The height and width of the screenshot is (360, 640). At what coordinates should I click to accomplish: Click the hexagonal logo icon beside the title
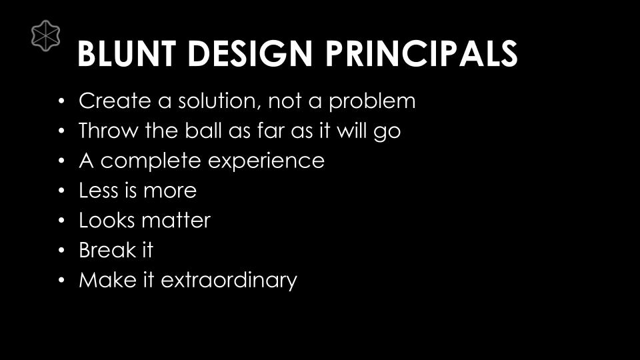coord(46,36)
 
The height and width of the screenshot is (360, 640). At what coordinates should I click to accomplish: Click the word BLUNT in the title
coord(127,53)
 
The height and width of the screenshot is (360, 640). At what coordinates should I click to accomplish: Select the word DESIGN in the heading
coord(250,53)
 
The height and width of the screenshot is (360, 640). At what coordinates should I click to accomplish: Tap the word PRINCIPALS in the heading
coord(421,53)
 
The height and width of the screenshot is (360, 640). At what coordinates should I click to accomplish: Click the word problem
coord(372,101)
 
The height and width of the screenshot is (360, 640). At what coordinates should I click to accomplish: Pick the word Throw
coord(109,131)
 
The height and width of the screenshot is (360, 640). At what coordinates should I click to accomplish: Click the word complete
coord(151,161)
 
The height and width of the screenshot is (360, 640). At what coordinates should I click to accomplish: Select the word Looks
coord(107,221)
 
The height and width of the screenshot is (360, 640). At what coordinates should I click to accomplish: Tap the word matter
coord(175,221)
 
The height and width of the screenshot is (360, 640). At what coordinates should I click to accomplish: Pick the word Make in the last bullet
coord(107,280)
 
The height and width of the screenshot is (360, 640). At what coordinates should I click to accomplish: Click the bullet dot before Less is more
coord(61,191)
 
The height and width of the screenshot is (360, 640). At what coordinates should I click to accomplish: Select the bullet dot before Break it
coord(61,250)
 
